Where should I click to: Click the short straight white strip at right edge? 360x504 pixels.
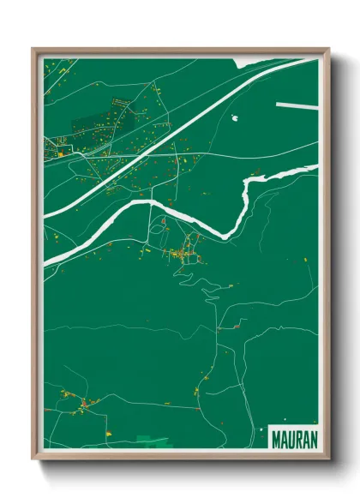297,105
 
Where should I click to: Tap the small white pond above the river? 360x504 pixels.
234,120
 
